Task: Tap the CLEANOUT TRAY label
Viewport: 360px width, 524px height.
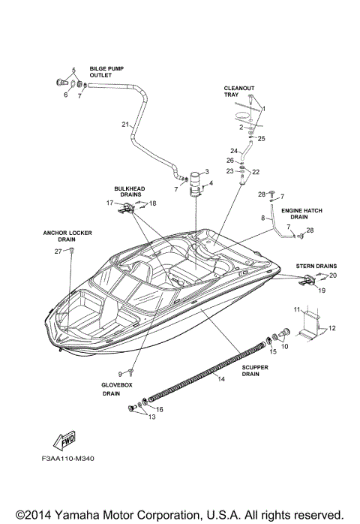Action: coord(235,91)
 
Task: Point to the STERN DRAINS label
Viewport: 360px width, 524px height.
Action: coord(315,266)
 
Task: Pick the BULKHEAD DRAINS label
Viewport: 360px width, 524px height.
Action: coord(130,192)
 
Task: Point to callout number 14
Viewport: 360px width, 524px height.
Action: coord(220,380)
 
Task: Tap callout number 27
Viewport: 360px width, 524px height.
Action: coord(57,251)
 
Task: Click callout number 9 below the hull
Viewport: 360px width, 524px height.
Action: coord(118,373)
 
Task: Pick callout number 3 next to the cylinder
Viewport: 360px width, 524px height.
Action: coord(206,173)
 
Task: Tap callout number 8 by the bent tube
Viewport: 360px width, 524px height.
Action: coord(263,218)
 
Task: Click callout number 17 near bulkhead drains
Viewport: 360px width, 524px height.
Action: coord(109,203)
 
